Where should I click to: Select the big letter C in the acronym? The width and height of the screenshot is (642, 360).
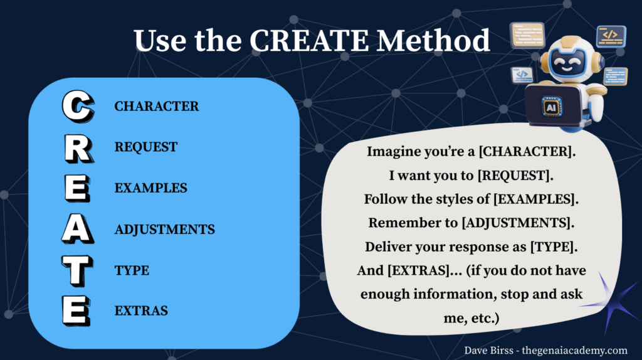click(76, 107)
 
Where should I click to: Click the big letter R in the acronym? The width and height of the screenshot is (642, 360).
click(76, 148)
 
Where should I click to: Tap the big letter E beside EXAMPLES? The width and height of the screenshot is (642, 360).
click(76, 189)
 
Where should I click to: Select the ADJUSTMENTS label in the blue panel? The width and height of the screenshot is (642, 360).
click(164, 230)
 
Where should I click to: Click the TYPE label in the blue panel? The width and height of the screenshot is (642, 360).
click(132, 270)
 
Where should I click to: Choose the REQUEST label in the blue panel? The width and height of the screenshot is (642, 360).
click(145, 147)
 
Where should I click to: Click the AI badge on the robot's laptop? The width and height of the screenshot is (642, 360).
click(552, 107)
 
